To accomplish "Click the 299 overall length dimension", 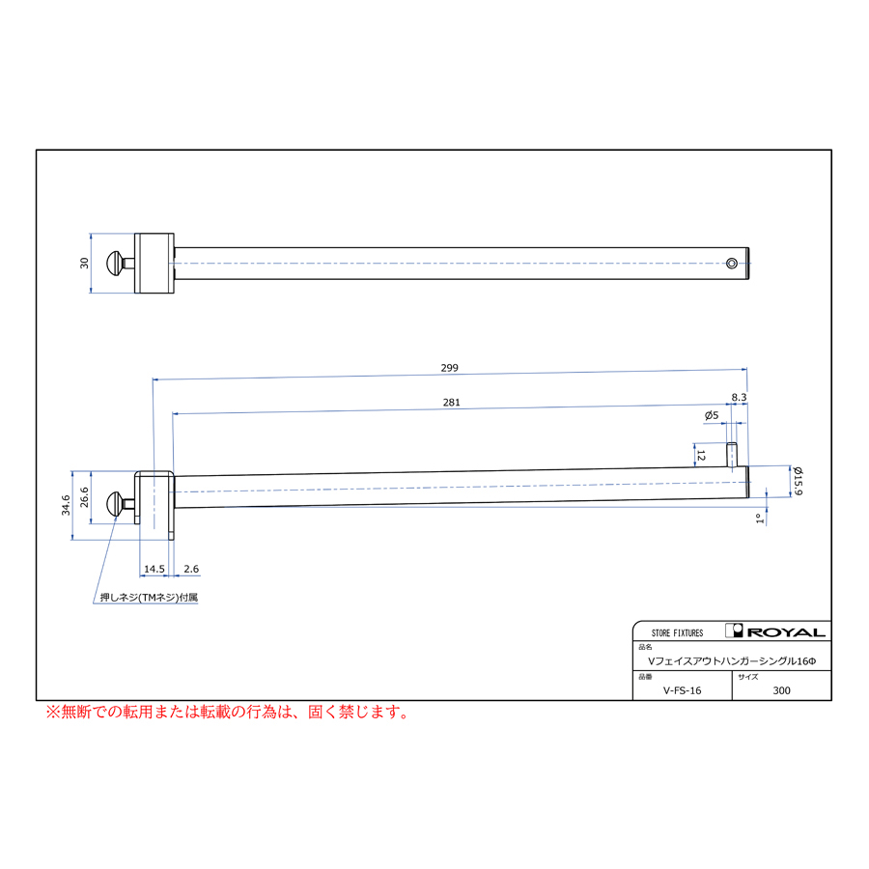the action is click(449, 368).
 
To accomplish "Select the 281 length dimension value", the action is click(451, 403).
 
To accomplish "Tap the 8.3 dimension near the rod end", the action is click(739, 398).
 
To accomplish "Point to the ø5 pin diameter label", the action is click(712, 415).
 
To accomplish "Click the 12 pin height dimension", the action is click(701, 456).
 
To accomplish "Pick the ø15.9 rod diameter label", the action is click(798, 481).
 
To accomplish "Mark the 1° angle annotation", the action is click(759, 519).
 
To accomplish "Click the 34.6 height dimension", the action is click(66, 505).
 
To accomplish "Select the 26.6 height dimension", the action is click(84, 497).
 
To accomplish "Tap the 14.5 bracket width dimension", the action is click(154, 569).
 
